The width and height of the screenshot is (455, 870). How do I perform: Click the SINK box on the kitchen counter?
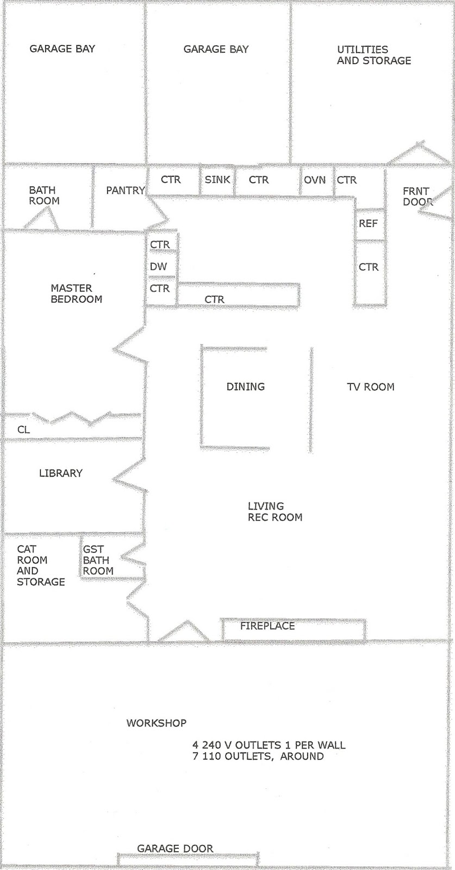[x=217, y=180]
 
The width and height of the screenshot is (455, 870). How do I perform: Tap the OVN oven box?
[x=315, y=180]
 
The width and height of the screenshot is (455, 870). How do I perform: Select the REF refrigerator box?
[x=368, y=223]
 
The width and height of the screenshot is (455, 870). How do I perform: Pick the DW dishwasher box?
[x=159, y=267]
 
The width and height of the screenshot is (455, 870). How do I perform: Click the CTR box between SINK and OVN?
[x=259, y=180]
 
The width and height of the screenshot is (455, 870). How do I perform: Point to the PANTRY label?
[x=125, y=191]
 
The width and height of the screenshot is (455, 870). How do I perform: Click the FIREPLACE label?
[x=267, y=626]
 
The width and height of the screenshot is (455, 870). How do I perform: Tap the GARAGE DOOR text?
[x=175, y=848]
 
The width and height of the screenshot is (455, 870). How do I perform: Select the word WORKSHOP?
[x=157, y=723]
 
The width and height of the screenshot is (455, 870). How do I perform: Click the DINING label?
[x=246, y=387]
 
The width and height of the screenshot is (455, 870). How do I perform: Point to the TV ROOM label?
[x=371, y=387]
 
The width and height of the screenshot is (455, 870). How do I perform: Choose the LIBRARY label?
[x=61, y=474]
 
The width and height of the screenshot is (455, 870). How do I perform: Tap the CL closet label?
[x=23, y=430]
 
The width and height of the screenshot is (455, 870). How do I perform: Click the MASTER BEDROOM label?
[x=76, y=294]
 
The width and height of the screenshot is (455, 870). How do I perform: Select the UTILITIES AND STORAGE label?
[x=373, y=55]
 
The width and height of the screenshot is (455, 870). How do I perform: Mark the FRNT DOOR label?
[x=416, y=196]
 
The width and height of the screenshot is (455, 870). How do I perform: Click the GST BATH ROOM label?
[x=98, y=560]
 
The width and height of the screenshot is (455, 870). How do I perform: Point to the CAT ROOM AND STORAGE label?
[x=40, y=565]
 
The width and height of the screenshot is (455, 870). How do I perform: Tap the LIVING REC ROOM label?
[x=275, y=512]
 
